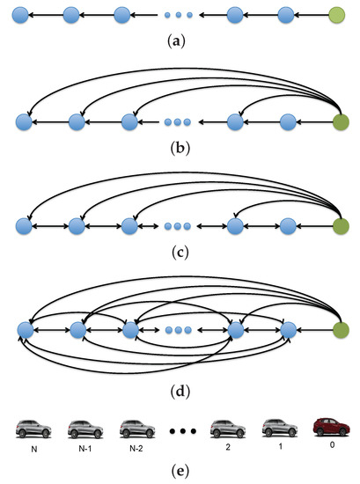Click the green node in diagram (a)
pyautogui.click(x=336, y=15)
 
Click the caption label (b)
pyautogui.click(x=180, y=147)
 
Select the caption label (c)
pyautogui.click(x=180, y=253)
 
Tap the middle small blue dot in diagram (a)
pyautogui.click(x=180, y=15)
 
